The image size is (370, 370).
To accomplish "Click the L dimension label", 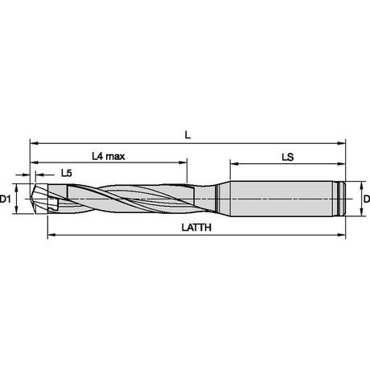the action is [x=187, y=135].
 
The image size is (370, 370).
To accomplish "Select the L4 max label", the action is [x=109, y=156].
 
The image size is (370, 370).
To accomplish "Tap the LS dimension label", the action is [x=287, y=157].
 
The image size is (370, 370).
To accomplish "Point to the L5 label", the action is [x=67, y=173].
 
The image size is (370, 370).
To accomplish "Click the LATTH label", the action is [x=196, y=228].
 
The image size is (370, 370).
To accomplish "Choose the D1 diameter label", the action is [x=5, y=199].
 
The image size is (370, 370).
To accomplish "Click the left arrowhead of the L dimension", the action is [x=34, y=143].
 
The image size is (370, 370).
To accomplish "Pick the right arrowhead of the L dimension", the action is [x=341, y=143].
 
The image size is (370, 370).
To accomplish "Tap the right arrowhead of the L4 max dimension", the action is [x=183, y=162].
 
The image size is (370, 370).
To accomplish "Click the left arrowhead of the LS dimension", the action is [x=234, y=163].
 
